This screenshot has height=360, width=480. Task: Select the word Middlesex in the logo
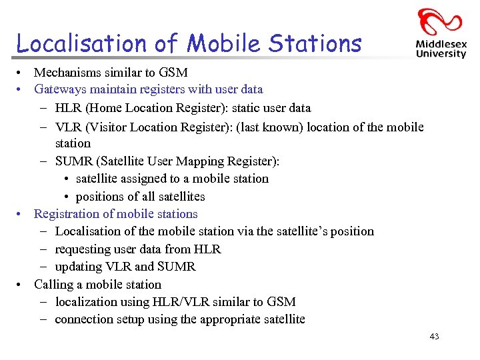(441, 43)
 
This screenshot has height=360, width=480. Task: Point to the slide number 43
(434, 337)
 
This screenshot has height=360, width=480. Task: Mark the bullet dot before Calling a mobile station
(21, 285)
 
